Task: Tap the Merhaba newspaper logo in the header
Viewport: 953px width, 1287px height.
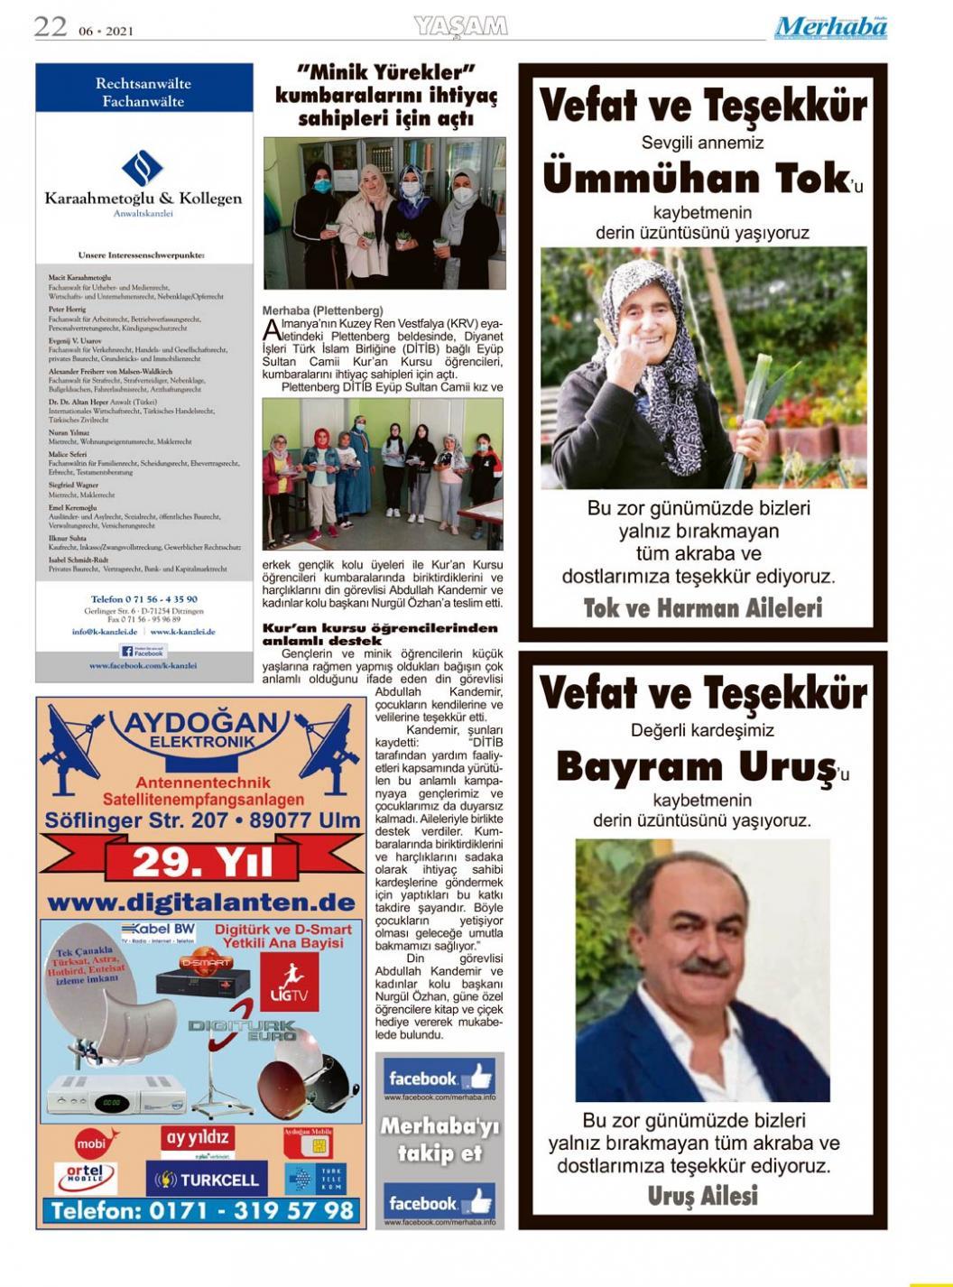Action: click(x=830, y=27)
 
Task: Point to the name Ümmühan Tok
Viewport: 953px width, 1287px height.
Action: click(x=697, y=179)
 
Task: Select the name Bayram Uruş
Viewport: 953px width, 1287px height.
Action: click(x=695, y=767)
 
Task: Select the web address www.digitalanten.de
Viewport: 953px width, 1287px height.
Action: click(x=200, y=903)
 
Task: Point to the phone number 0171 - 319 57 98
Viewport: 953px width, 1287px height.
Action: click(x=202, y=1210)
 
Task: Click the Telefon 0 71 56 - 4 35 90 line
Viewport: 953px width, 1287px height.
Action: click(x=144, y=599)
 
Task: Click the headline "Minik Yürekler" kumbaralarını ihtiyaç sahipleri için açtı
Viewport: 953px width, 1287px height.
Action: click(x=385, y=95)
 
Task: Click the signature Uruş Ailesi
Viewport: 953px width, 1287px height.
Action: click(x=702, y=1197)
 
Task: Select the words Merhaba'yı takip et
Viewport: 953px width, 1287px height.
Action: click(x=439, y=1139)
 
